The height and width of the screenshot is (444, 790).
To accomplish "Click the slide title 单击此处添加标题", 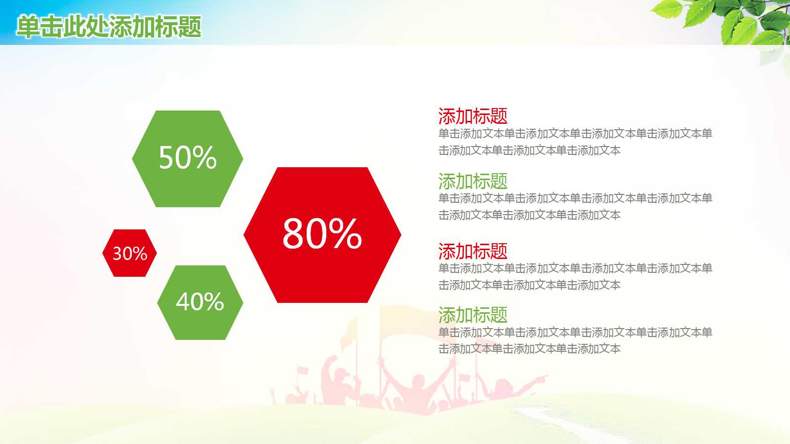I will coord(109,27).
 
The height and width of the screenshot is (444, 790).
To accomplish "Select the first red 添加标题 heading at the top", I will coord(473,116).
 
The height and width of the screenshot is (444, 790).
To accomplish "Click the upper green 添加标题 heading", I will coord(473,182).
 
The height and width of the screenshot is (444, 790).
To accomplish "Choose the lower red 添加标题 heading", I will coord(473,252).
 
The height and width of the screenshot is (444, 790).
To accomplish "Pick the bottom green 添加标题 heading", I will coord(473,315).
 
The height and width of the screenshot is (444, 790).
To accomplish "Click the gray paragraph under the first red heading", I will coord(575,142).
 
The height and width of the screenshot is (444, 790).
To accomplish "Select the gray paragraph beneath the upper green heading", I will coord(575,206).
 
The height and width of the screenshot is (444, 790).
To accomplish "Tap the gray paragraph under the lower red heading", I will coord(575,276).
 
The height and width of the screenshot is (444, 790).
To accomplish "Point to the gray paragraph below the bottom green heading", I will coord(575,340).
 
